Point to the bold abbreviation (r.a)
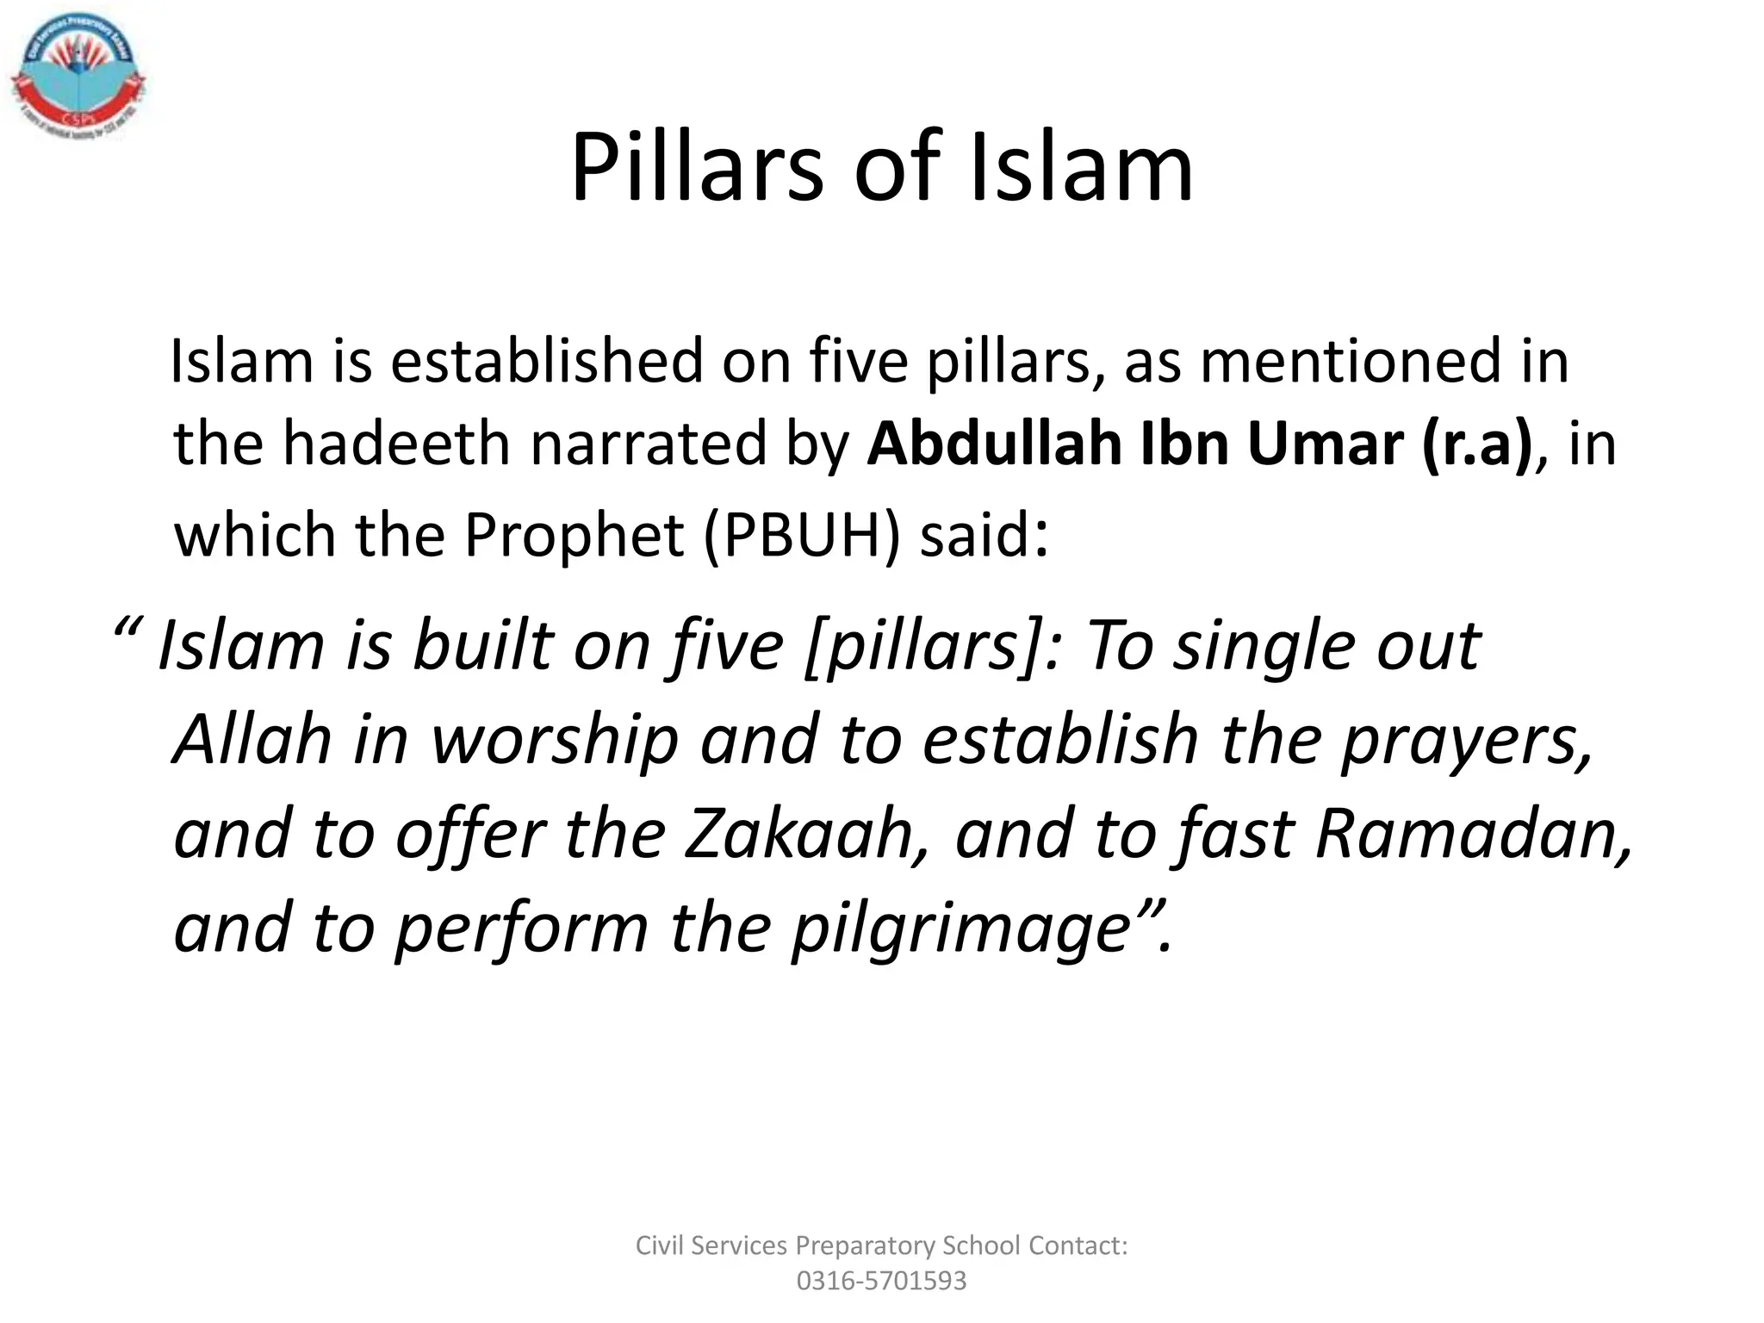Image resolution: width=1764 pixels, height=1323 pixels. pos(1477,444)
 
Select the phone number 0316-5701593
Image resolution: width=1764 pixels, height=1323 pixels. pos(881,1281)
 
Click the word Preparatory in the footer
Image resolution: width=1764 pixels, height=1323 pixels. pos(865,1245)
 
